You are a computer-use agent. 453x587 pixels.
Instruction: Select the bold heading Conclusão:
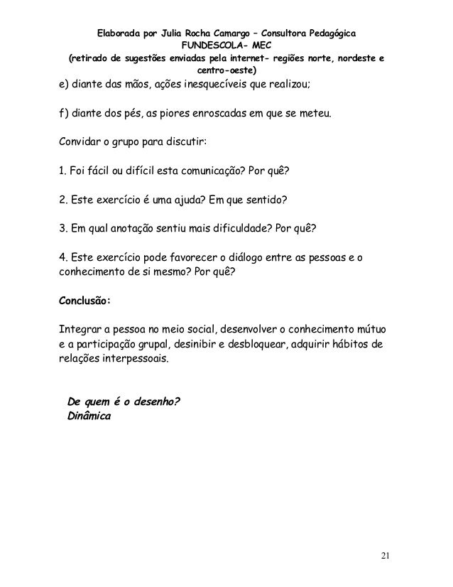click(84, 299)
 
